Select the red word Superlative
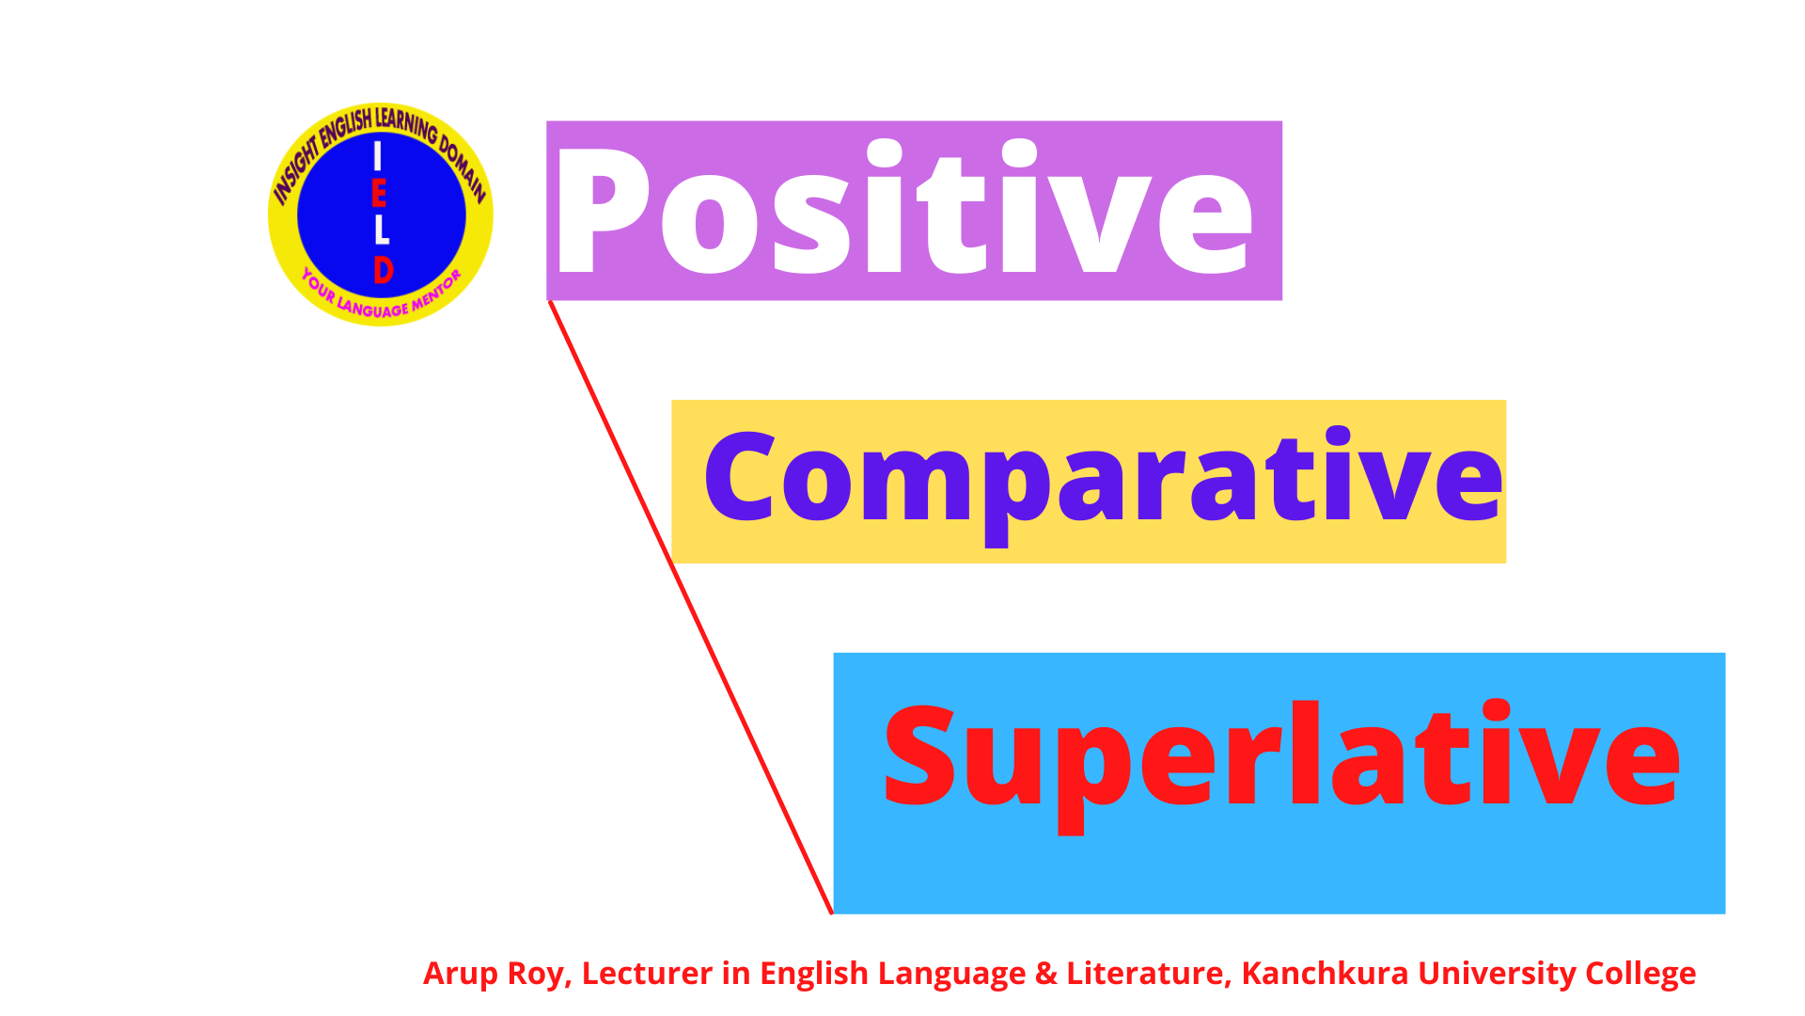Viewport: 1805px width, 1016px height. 1280,757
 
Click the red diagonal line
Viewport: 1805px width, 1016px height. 691,607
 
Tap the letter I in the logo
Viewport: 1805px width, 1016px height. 378,156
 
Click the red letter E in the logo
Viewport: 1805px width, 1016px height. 379,194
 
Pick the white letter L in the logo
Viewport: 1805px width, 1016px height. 381,230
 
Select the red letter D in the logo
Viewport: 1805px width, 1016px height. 383,270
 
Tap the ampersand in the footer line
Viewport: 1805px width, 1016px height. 1045,974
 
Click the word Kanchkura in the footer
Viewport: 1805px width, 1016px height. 1325,974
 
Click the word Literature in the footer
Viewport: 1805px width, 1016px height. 1148,974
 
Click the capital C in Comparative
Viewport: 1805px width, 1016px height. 739,478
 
